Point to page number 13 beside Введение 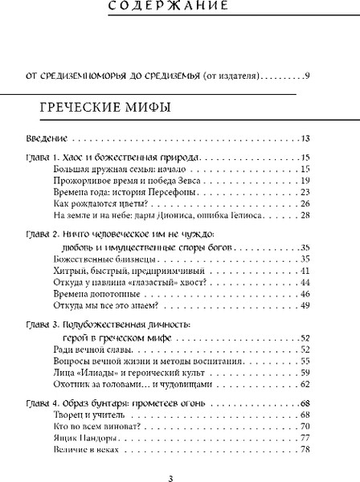pos(305,137)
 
